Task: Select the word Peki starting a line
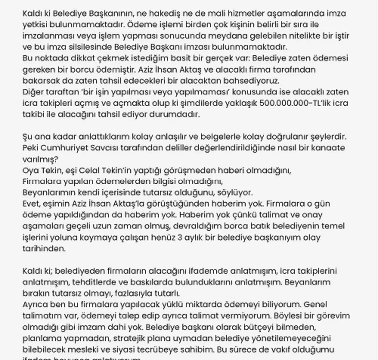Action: (x=31, y=148)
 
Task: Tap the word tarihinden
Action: (x=44, y=249)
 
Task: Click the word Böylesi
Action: (x=264, y=316)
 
